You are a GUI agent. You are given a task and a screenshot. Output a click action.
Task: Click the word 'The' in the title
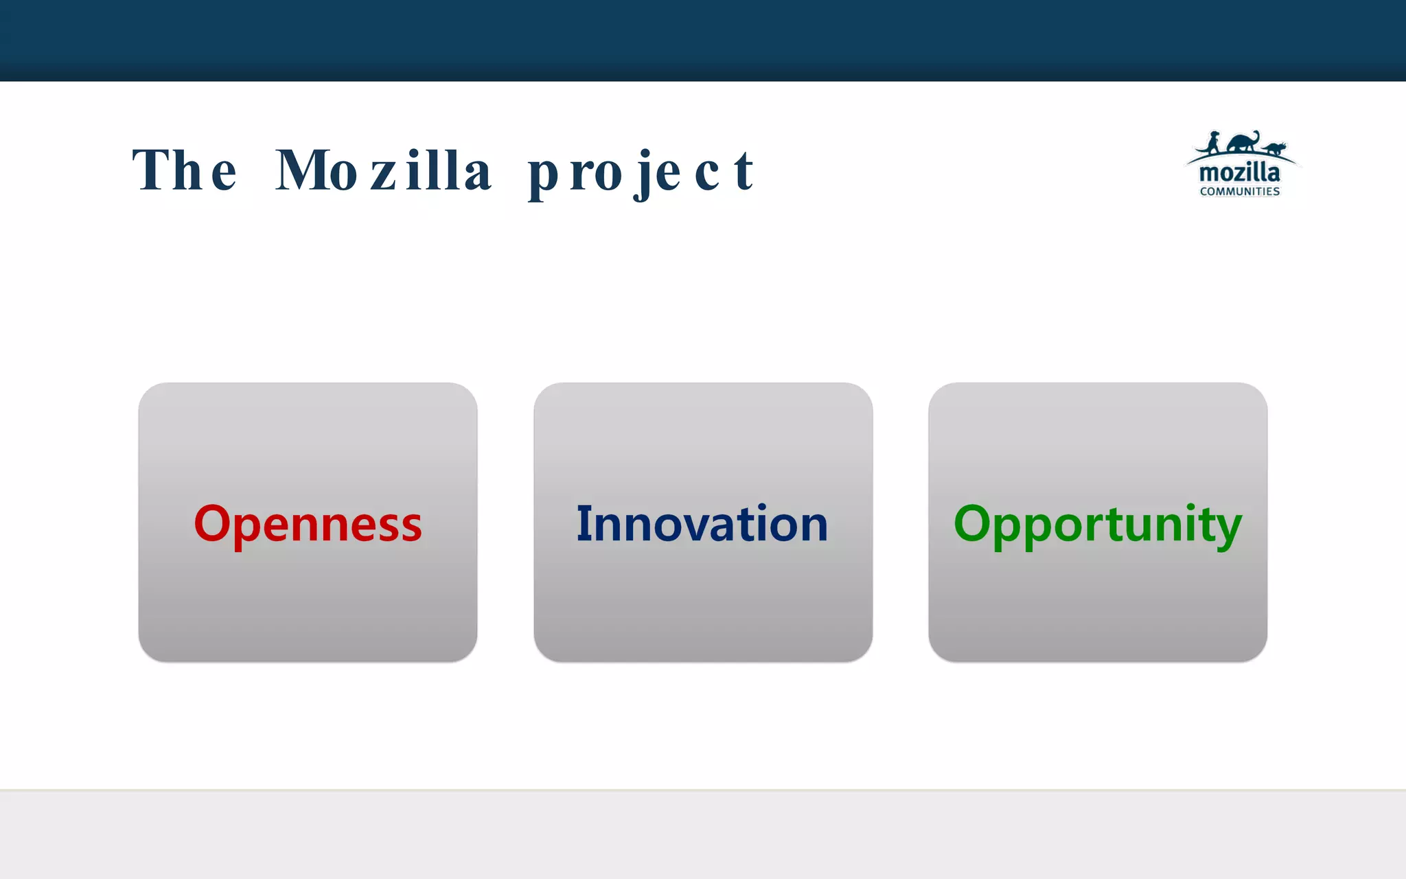184,170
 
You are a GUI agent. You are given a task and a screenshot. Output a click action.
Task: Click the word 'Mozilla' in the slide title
383,170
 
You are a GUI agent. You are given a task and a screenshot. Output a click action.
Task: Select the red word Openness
308,524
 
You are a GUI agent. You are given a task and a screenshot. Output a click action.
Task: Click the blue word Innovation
702,524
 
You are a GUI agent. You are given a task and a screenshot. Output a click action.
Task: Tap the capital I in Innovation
583,523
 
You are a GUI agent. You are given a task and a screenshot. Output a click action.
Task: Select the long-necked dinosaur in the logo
1244,141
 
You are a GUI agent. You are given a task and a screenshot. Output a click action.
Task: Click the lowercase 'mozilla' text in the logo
1239,172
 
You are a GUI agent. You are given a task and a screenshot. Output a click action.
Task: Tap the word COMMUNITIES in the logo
1239,192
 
